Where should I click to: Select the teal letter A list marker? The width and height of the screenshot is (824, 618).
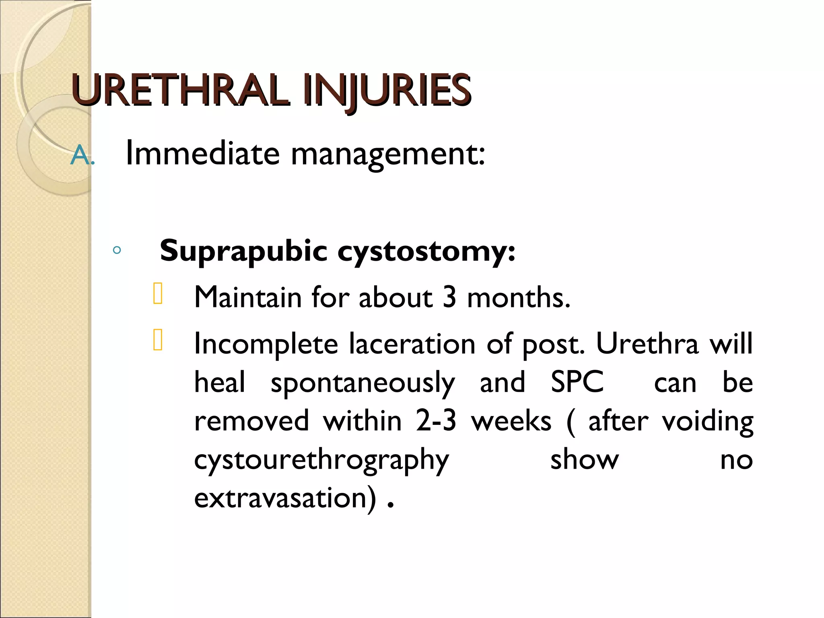[x=80, y=156]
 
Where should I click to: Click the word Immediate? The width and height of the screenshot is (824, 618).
[x=202, y=154]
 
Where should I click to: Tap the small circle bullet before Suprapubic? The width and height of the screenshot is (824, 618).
[x=117, y=251]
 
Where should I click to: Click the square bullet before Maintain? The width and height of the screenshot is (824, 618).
[x=158, y=293]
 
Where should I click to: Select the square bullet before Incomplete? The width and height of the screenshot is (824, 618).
[x=158, y=340]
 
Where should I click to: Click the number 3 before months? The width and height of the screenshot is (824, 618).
[x=449, y=298]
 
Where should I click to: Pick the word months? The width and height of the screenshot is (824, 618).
[x=519, y=298]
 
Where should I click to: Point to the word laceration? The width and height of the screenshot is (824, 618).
[x=412, y=344]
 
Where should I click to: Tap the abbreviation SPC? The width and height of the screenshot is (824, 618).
[x=577, y=382]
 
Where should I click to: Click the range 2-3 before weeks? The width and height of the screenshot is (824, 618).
[x=436, y=421]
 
